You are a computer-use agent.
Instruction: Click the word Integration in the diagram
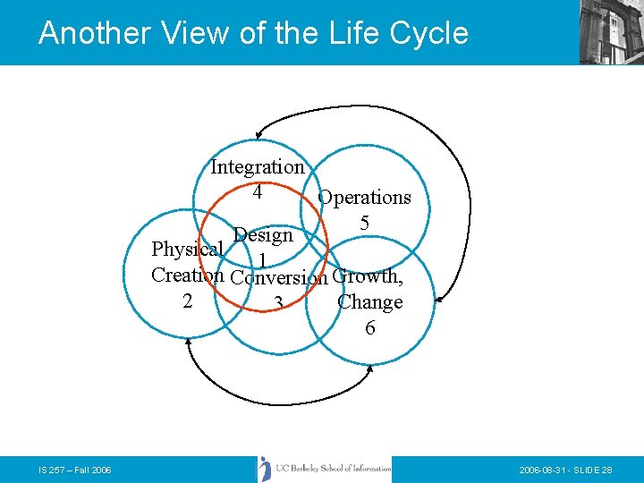click(x=258, y=167)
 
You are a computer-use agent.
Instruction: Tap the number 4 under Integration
click(x=258, y=191)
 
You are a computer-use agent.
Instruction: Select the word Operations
click(x=364, y=198)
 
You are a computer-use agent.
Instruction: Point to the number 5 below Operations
click(x=364, y=223)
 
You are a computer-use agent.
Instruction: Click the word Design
click(x=263, y=236)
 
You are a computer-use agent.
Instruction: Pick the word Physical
click(x=187, y=249)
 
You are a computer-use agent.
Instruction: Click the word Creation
click(x=187, y=275)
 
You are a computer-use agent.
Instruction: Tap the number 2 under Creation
click(x=187, y=301)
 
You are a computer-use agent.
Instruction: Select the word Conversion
click(x=279, y=277)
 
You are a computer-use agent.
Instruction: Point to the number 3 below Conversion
click(x=279, y=305)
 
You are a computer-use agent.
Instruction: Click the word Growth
click(x=367, y=275)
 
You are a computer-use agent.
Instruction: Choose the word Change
click(x=369, y=302)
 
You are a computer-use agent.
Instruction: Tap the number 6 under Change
click(x=369, y=328)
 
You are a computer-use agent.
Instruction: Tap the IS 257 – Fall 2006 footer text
click(x=75, y=470)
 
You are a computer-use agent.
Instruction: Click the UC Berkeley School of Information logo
click(x=325, y=470)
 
